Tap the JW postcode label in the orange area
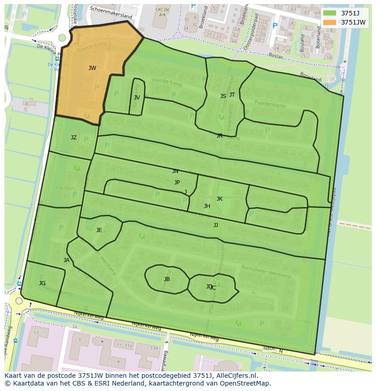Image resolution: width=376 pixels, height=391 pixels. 92,68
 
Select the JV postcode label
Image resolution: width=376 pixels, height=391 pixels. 137,97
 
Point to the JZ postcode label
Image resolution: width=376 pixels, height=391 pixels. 74,137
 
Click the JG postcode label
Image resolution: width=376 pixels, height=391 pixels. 42,283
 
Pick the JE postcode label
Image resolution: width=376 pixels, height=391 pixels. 99,230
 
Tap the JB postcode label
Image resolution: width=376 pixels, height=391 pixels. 167,279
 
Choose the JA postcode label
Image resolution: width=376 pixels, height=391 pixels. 66,260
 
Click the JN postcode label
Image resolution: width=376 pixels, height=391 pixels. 175,171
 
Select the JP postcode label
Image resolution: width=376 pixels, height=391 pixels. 177,182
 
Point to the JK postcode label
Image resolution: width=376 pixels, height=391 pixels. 219,198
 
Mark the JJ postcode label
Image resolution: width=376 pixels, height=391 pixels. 216,225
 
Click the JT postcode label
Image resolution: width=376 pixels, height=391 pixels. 232,94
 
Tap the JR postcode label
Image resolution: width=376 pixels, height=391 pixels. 219,135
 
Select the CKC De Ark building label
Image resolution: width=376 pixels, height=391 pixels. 163,12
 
